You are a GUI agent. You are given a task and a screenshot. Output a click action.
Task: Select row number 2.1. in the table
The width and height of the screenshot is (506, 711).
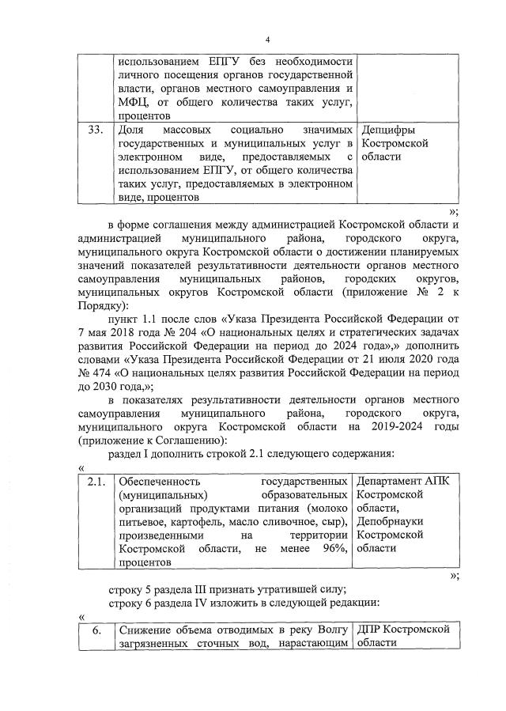[x=96, y=482]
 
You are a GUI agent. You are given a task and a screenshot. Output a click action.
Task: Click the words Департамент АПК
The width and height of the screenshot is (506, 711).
[x=402, y=482]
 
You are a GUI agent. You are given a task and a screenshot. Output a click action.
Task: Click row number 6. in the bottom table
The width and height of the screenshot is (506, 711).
[x=96, y=630]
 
